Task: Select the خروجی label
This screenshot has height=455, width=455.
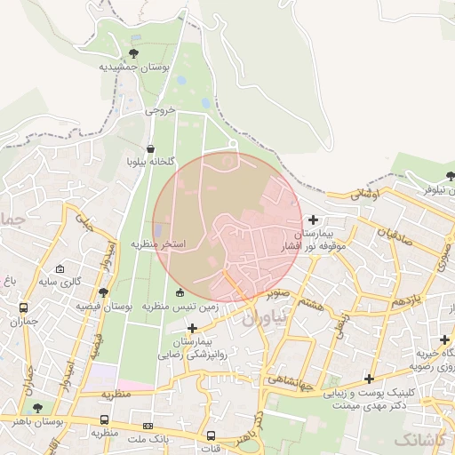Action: tap(161, 112)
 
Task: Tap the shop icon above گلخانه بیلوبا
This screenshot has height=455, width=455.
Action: tap(149, 148)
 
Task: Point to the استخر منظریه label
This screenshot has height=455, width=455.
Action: tap(158, 243)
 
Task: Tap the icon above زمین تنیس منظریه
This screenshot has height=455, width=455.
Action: tap(180, 292)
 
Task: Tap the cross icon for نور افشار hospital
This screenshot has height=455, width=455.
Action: tap(313, 220)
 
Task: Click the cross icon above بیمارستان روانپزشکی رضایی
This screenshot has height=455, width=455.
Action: tap(192, 329)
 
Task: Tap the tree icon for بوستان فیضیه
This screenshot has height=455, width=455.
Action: tap(104, 291)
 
